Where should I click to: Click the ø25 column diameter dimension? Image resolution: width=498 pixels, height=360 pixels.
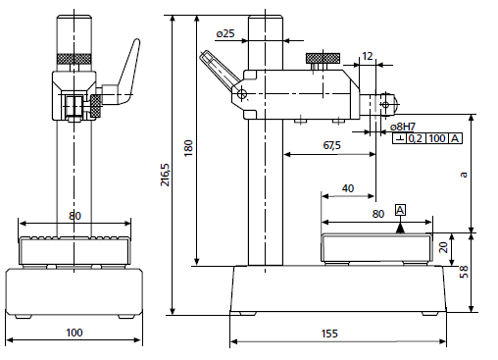pos(225,33)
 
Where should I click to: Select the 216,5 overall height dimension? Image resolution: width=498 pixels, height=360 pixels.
pos(166,175)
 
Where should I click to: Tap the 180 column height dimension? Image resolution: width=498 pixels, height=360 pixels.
pos(188,148)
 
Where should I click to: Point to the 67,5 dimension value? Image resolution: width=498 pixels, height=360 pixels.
pos(331,145)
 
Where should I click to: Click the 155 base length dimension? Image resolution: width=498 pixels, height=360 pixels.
pos(329,334)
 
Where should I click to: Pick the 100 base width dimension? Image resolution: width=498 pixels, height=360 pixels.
pos(75,333)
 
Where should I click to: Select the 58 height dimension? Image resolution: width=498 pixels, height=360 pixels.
pos(464,272)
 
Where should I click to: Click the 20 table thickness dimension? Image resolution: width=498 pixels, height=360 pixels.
pos(443,247)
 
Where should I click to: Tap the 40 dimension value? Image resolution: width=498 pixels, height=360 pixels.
pos(348,188)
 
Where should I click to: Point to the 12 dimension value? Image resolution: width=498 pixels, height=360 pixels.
pos(368,56)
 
